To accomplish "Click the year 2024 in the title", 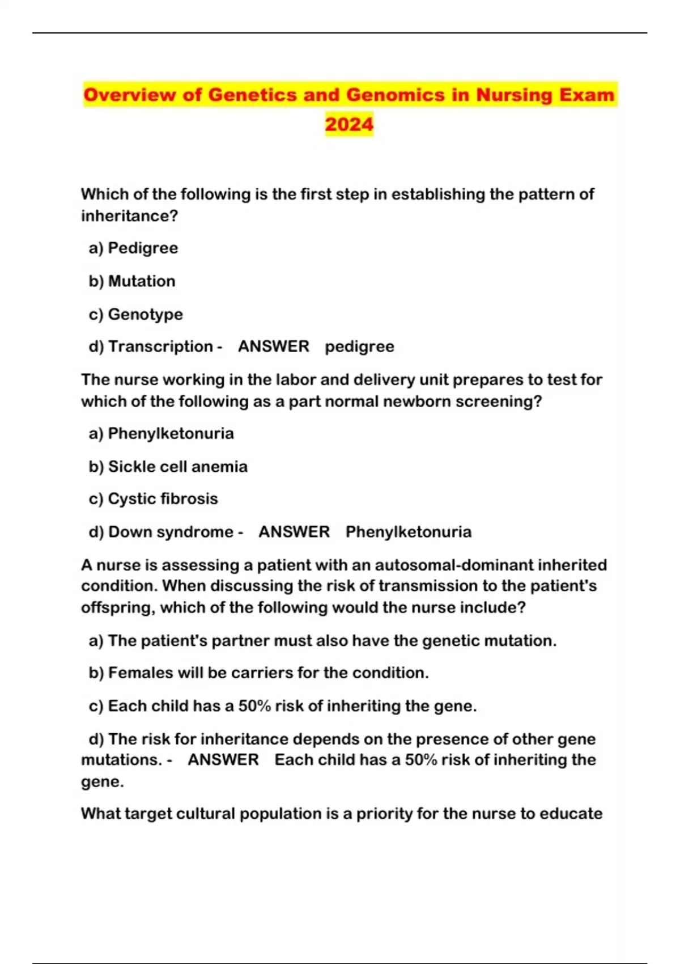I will coord(349,124).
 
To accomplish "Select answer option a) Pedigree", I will coord(134,248).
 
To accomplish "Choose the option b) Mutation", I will coord(132,281).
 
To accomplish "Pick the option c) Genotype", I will coord(136,314).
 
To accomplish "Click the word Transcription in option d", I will coord(160,346).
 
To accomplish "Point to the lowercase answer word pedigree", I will coord(359,346).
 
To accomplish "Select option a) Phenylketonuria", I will coord(161,433).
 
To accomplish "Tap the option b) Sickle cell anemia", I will coord(168,466).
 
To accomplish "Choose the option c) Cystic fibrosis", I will coord(154,498).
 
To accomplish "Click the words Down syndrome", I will coord(171,531).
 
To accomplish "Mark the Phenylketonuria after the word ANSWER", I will coord(409,531).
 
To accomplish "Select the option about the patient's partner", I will coord(322,640).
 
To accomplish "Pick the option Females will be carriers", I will coord(258,673).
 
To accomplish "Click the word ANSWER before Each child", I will coord(223,759).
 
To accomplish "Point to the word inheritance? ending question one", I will coord(130,215).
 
